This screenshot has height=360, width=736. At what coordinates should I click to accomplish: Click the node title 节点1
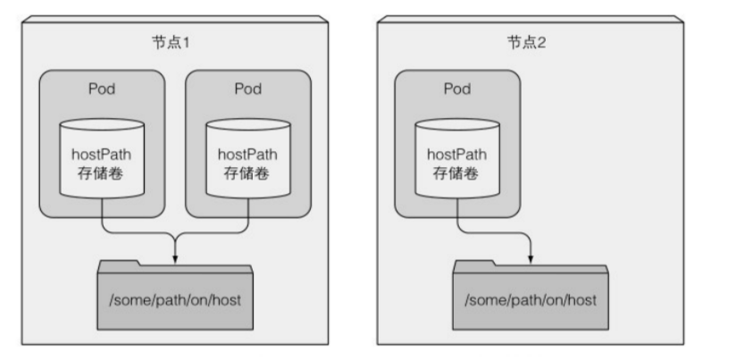point(171,43)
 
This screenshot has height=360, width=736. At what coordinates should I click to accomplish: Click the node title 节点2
point(527,43)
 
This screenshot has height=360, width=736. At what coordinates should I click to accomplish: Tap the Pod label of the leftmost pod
point(102,88)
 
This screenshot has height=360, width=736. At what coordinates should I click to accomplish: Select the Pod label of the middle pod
point(248,88)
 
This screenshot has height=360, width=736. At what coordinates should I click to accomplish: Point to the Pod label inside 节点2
point(457,88)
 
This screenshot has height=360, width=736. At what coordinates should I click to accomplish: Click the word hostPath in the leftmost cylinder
point(102,155)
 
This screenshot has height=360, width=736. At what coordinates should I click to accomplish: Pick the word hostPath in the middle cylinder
point(247,155)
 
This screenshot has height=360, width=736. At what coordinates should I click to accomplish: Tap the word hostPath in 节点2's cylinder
point(457,155)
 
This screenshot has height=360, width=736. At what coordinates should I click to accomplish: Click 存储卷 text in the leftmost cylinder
point(100,173)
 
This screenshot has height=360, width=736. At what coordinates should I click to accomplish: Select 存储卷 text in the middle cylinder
point(247,173)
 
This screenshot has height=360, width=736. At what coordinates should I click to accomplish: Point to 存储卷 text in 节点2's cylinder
point(456,173)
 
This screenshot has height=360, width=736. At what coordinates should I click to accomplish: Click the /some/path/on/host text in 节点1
point(175,300)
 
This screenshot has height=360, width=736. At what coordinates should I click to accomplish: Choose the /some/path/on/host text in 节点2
point(531,300)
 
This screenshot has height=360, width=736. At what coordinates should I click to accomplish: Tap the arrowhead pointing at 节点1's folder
point(175,259)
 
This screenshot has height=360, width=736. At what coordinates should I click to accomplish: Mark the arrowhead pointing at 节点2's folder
point(531,259)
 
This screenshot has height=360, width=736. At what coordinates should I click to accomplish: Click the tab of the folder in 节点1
point(118,266)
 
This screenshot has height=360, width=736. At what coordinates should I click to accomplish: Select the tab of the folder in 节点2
point(474,266)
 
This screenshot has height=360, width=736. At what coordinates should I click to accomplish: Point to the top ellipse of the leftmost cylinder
point(102,124)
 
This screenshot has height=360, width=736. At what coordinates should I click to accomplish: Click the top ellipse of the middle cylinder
point(248,124)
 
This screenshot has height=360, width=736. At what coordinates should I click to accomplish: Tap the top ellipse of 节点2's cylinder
point(457,124)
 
